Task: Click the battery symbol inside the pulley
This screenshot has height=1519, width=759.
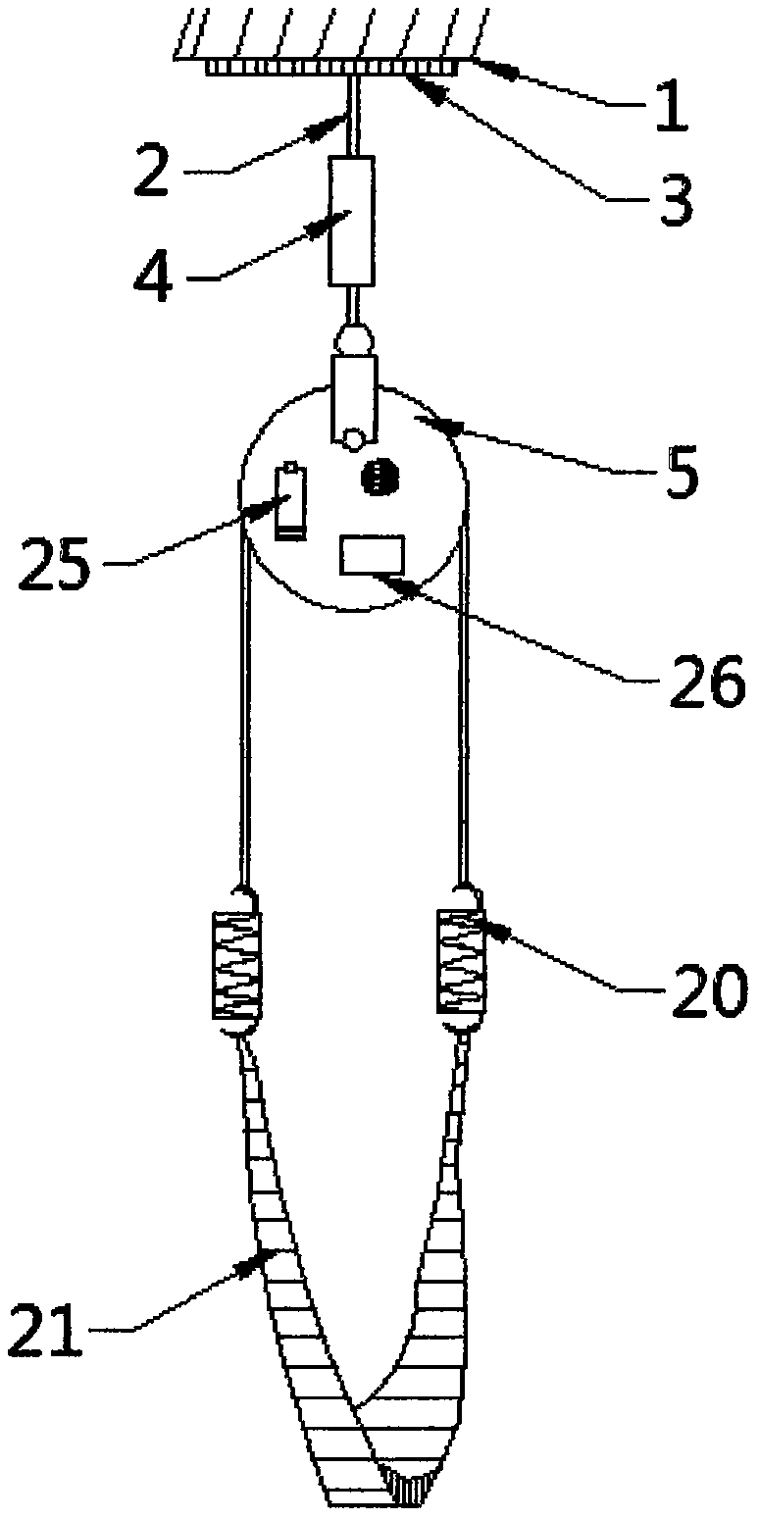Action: pyautogui.click(x=290, y=500)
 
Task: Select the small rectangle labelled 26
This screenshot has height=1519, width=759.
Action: pyautogui.click(x=372, y=554)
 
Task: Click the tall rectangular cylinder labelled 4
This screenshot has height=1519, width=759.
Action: pyautogui.click(x=351, y=220)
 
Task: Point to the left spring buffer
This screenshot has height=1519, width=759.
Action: pyautogui.click(x=236, y=962)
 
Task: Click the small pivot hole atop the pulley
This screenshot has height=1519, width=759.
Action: pyautogui.click(x=352, y=436)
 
